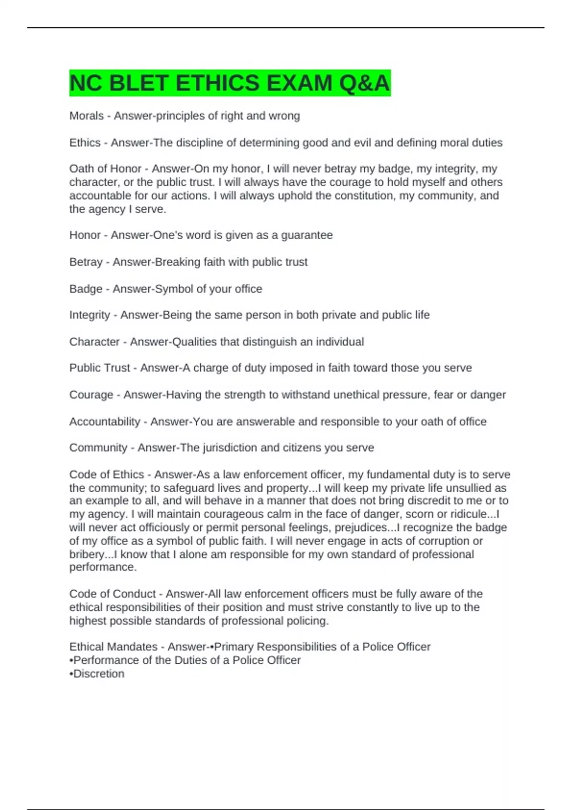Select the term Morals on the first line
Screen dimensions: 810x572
click(x=86, y=116)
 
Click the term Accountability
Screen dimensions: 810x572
click(x=105, y=422)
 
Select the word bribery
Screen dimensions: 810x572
click(x=86, y=554)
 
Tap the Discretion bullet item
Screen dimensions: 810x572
click(x=99, y=674)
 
